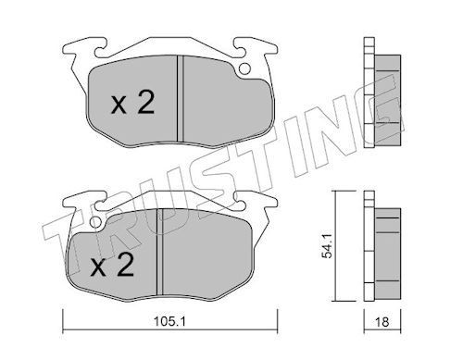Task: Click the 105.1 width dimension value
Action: click(169, 322)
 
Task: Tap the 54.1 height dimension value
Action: click(327, 246)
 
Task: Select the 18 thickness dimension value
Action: click(382, 322)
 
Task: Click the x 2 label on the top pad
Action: click(132, 102)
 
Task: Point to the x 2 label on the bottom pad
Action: click(112, 265)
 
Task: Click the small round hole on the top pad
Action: click(245, 68)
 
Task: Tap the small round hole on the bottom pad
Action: click(96, 222)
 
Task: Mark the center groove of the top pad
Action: click(181, 99)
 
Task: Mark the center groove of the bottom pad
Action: click(159, 252)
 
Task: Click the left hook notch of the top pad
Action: click(101, 51)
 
